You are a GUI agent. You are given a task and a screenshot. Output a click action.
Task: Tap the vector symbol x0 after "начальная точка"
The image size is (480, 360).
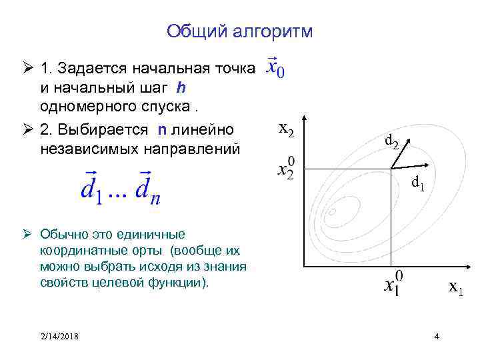(275, 68)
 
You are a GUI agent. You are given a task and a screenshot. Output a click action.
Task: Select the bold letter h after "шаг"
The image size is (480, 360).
(181, 87)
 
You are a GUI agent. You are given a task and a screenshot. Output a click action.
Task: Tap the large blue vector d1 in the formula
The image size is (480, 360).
(92, 187)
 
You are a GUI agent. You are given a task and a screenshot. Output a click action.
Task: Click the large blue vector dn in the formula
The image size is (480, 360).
(148, 187)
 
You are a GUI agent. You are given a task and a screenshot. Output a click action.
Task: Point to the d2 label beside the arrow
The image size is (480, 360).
(392, 141)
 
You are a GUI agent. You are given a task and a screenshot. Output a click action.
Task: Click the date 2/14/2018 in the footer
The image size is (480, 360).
(59, 335)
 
